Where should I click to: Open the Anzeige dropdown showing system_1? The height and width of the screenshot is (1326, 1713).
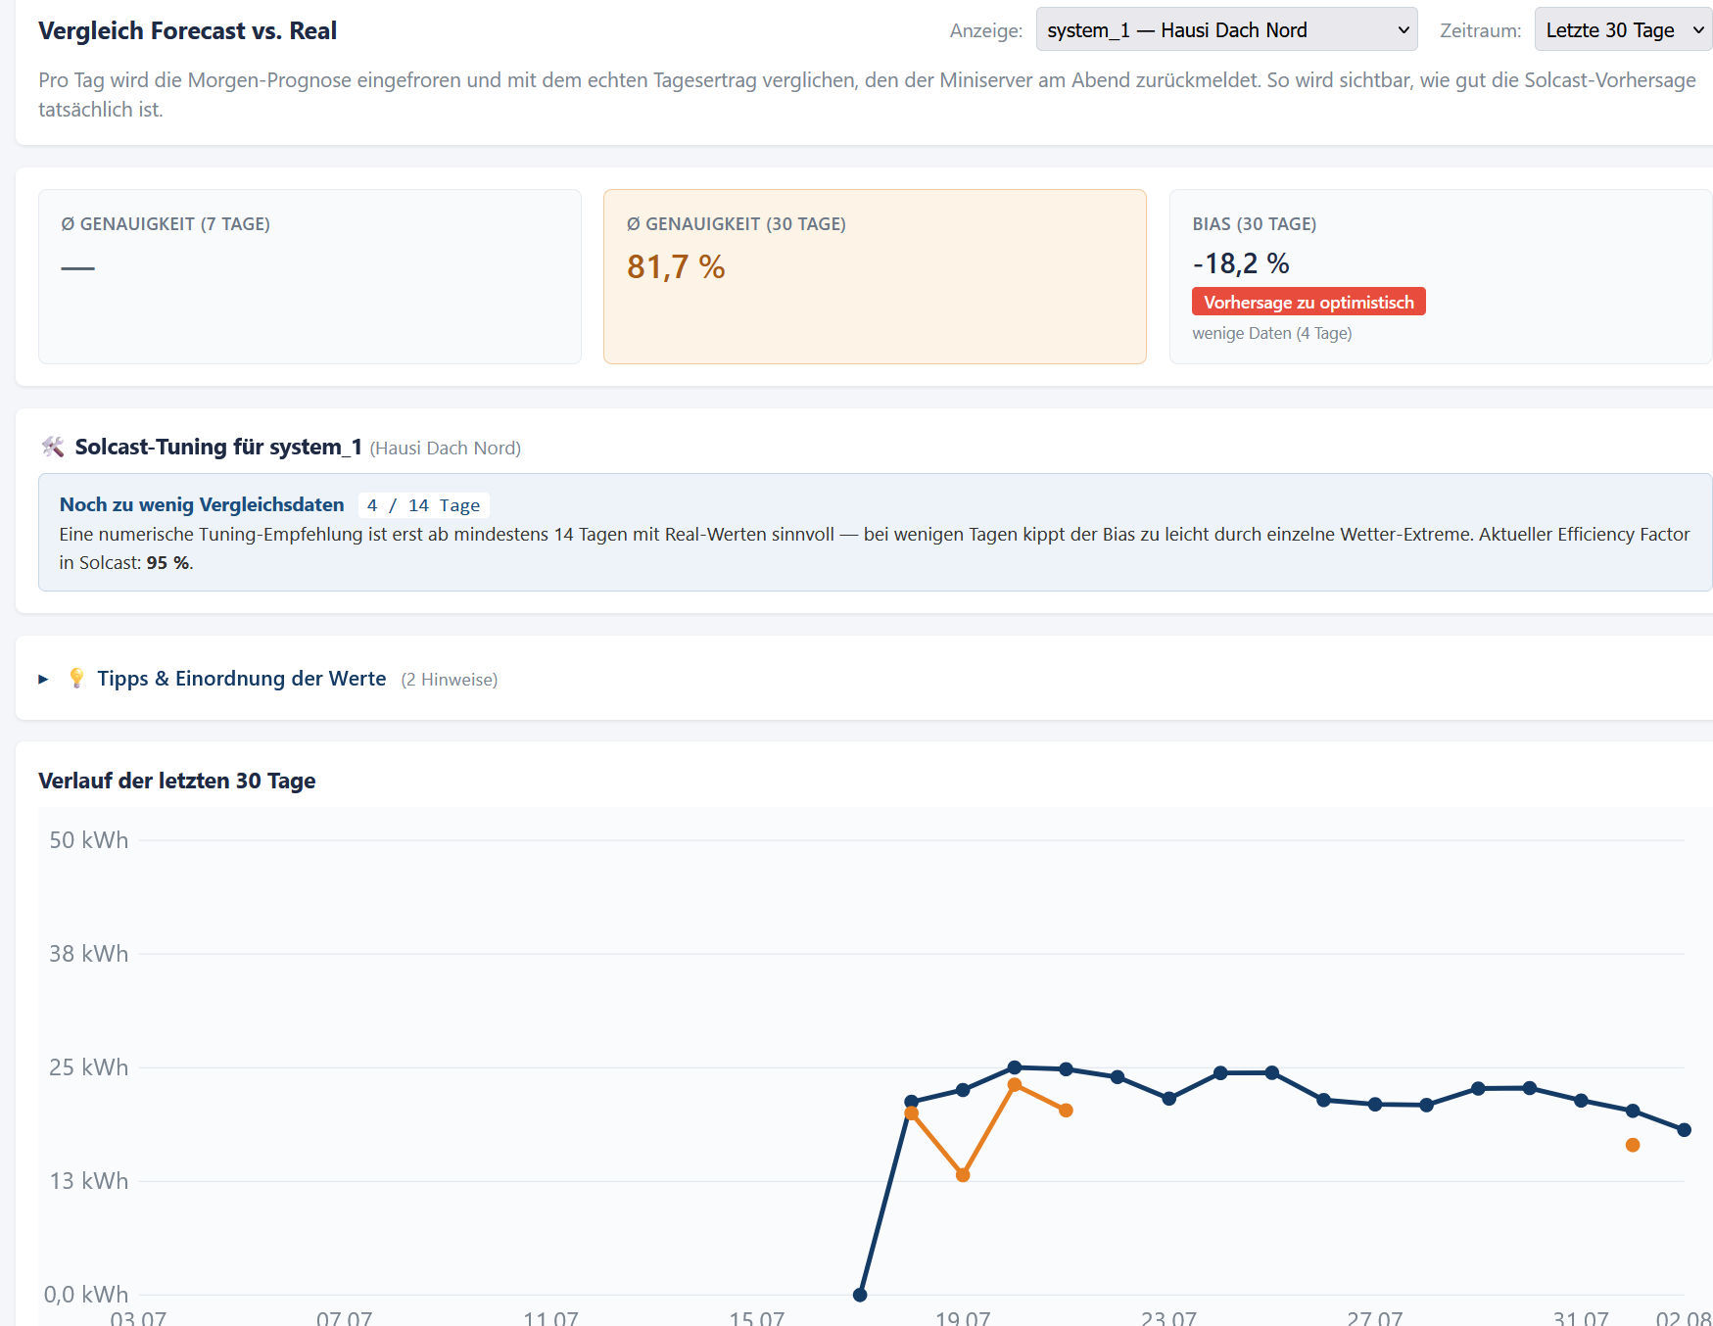1226,29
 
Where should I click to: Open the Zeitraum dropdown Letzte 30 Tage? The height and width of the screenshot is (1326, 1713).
1623,29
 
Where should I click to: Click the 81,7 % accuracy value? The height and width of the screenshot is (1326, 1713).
676,267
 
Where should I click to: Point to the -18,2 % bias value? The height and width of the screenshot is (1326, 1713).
1241,263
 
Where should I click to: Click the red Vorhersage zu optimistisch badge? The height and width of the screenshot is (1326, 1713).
1309,302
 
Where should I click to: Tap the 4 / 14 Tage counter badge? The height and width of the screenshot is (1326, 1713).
423,505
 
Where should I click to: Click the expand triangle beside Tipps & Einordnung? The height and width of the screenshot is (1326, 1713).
43,679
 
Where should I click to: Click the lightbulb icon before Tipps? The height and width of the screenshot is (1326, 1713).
76,678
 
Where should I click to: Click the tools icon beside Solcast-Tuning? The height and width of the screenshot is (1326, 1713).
53,448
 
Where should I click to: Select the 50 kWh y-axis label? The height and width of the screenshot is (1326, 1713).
88,840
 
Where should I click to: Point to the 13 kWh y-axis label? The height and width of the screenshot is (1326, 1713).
88,1181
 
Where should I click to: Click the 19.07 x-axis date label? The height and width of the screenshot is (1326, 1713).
963,1317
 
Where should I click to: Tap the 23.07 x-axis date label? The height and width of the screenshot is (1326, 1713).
1168,1317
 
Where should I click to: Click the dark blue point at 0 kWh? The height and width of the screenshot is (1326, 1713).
860,1295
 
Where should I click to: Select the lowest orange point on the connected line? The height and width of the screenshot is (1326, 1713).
963,1175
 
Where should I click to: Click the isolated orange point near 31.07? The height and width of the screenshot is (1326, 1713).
1633,1145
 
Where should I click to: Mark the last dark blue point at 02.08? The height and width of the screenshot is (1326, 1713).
1685,1130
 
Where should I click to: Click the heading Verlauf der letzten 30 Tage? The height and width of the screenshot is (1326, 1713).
176,781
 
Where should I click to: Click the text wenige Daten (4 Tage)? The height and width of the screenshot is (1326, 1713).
1272,333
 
